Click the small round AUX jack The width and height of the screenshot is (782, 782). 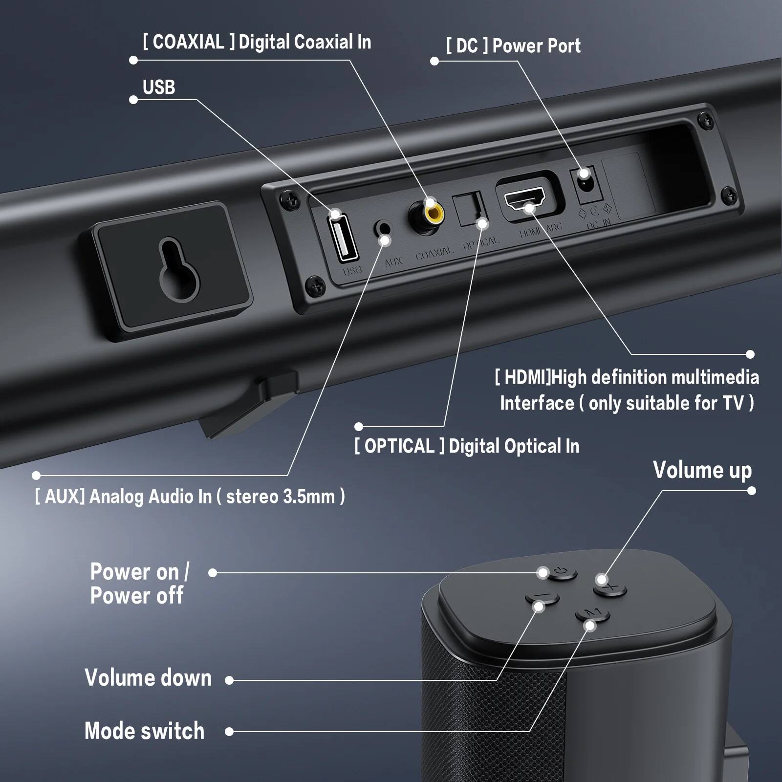(x=384, y=229)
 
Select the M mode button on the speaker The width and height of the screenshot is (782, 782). (x=592, y=614)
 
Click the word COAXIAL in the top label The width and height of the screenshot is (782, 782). (x=189, y=42)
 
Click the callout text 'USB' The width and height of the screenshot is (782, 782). (x=159, y=87)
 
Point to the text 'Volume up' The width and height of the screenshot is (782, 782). (x=702, y=470)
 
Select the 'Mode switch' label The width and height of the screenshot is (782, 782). (x=145, y=731)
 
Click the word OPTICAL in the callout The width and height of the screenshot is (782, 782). (x=399, y=446)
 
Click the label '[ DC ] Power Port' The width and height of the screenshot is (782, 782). (x=513, y=46)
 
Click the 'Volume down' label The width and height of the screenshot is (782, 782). (x=148, y=678)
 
